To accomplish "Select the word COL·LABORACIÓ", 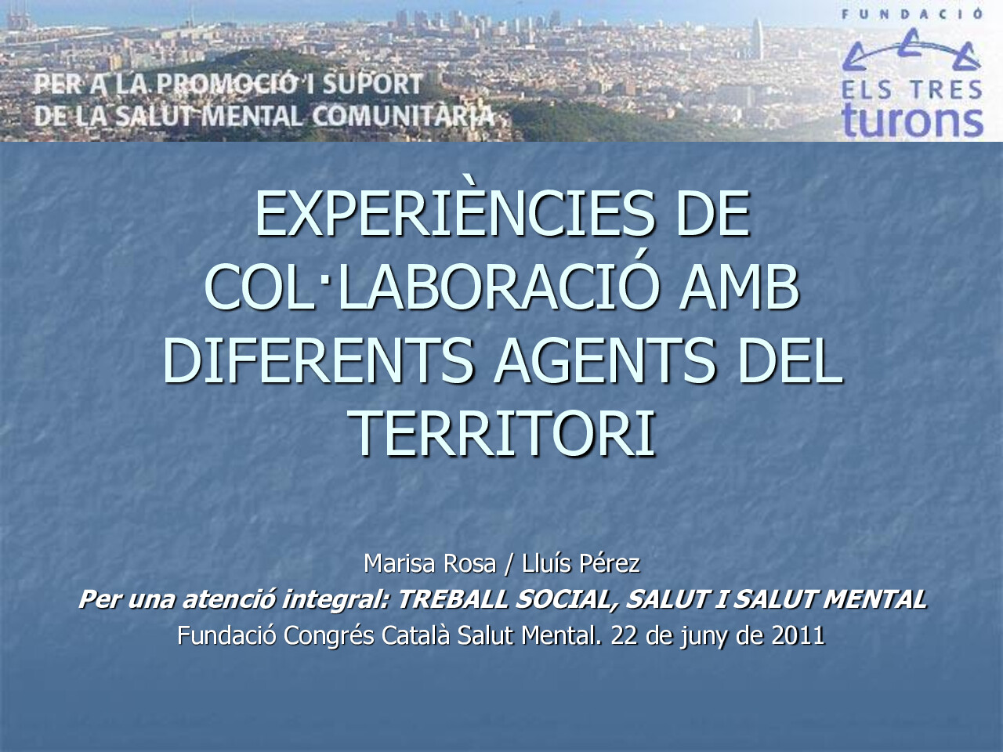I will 428,287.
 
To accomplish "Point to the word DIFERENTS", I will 317,360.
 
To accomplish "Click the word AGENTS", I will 604,360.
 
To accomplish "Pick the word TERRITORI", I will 501,433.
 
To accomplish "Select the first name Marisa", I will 401,562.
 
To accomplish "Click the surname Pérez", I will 610,562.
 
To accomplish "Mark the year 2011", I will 798,635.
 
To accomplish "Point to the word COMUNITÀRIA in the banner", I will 404,116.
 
